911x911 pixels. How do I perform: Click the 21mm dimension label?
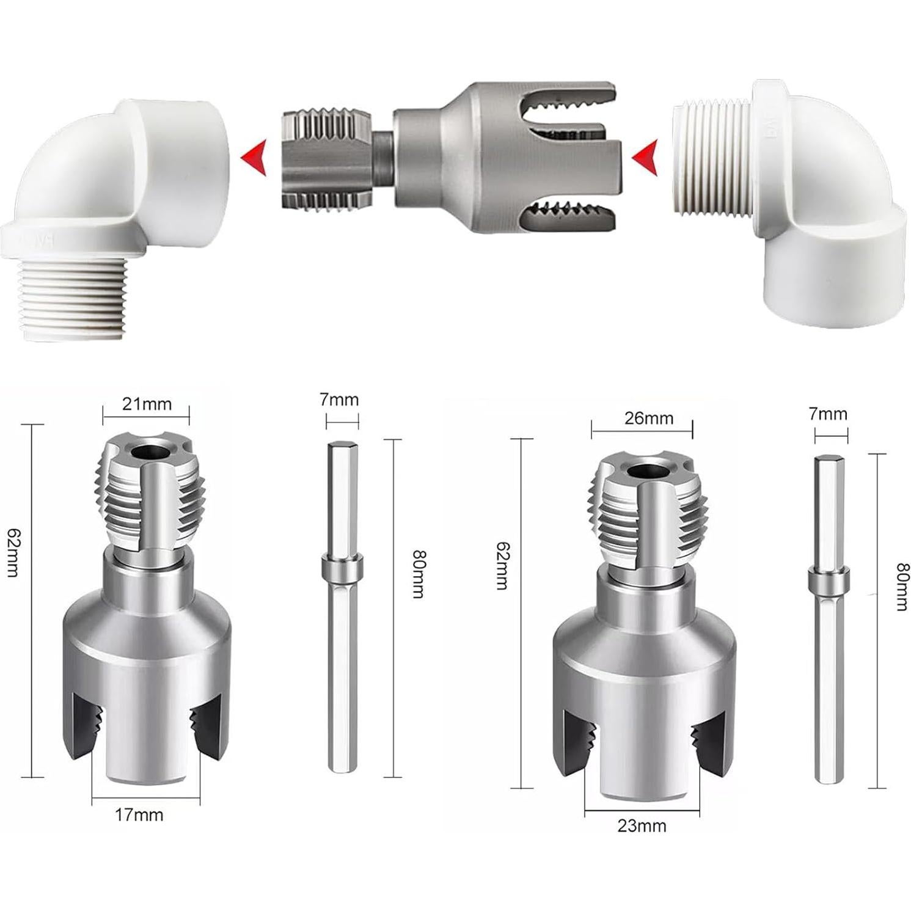147,404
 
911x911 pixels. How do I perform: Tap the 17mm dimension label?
139,814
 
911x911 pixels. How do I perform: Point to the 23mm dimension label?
642,825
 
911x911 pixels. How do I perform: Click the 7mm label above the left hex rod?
339,400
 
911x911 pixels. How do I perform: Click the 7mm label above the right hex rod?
828,414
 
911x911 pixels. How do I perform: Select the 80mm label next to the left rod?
419,574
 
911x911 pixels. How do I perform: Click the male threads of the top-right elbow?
712,159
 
